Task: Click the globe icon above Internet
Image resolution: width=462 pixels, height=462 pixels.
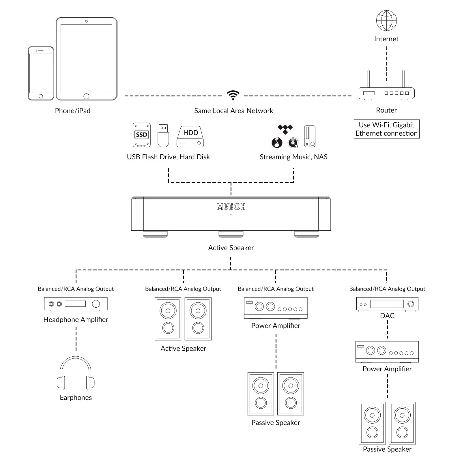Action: click(x=386, y=20)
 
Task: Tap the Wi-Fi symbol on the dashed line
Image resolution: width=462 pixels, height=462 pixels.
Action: click(x=233, y=95)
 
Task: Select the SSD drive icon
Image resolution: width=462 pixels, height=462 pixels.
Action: click(x=141, y=135)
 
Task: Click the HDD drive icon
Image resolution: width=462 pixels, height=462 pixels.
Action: click(x=190, y=136)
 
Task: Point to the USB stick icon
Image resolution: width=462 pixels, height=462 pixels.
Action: click(x=163, y=136)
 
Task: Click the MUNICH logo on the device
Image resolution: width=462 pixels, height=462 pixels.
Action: click(x=231, y=207)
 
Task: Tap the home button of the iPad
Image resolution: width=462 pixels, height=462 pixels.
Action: click(x=86, y=96)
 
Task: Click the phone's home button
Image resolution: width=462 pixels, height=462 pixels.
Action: click(x=41, y=96)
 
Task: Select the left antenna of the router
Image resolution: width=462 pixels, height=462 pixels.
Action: click(x=369, y=78)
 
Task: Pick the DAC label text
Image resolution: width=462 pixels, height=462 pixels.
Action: click(x=387, y=316)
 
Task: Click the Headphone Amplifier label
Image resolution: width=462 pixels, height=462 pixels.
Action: click(x=76, y=319)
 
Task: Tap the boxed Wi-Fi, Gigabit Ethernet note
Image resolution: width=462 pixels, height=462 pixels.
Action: click(x=386, y=129)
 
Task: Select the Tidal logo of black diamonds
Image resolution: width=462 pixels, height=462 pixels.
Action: click(x=285, y=129)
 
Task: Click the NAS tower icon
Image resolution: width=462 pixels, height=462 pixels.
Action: click(x=310, y=136)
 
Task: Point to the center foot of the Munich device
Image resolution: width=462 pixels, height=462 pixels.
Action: click(x=231, y=234)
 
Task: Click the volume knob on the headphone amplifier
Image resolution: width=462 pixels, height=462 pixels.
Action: click(x=96, y=304)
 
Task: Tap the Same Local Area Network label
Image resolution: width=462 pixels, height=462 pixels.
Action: click(x=233, y=111)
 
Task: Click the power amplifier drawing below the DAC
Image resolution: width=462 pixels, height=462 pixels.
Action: click(x=387, y=352)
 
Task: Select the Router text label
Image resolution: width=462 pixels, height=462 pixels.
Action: click(x=386, y=110)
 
